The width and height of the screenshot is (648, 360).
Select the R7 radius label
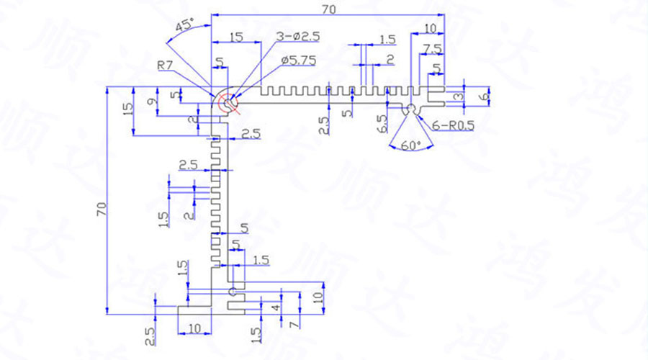(x=166, y=66)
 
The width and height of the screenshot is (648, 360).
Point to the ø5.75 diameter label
(x=299, y=60)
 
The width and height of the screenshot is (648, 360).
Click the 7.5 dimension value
(x=432, y=48)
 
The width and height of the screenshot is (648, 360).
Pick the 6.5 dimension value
(x=382, y=122)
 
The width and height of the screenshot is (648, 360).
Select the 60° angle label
(x=411, y=145)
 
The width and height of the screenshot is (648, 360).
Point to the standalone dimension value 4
(x=274, y=308)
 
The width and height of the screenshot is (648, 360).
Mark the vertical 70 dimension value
(x=102, y=209)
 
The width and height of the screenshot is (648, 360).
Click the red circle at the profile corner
(x=229, y=104)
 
